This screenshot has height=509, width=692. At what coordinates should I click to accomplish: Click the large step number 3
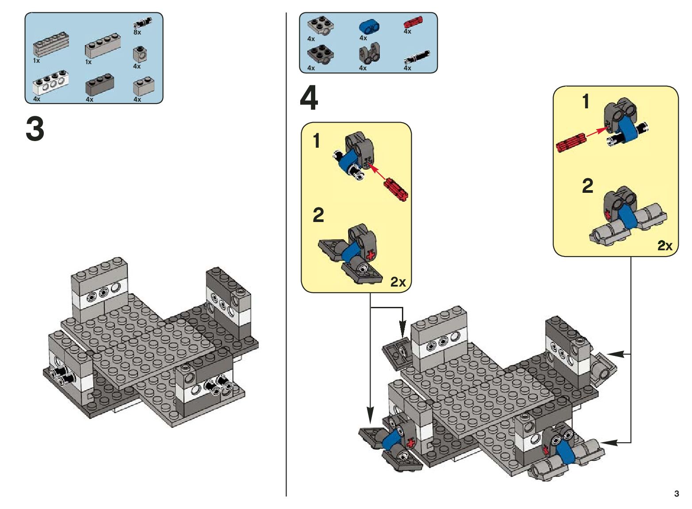pyautogui.click(x=35, y=129)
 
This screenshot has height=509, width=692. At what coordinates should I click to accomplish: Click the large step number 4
pyautogui.click(x=309, y=99)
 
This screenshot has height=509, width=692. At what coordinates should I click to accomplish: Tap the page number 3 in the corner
pyautogui.click(x=676, y=494)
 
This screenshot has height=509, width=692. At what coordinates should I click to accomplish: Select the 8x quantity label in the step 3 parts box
pyautogui.click(x=137, y=32)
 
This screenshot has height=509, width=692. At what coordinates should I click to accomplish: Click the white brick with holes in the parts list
pyautogui.click(x=50, y=83)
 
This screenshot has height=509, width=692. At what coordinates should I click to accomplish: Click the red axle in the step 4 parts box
pyautogui.click(x=413, y=23)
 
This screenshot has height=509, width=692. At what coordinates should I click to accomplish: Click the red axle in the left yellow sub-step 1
pyautogui.click(x=396, y=189)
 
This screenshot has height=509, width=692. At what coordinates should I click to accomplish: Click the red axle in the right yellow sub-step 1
pyautogui.click(x=571, y=142)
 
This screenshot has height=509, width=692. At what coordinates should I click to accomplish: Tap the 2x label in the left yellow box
pyautogui.click(x=398, y=282)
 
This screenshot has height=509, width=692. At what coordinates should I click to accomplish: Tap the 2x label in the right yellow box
pyautogui.click(x=665, y=245)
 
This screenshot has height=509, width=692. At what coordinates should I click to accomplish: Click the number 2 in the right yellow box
pyautogui.click(x=587, y=186)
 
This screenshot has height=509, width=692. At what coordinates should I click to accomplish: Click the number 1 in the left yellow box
pyautogui.click(x=316, y=141)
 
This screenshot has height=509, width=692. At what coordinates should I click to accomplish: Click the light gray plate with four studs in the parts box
pyautogui.click(x=320, y=25)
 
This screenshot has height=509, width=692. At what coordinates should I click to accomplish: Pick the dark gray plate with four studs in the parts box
pyautogui.click(x=320, y=54)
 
